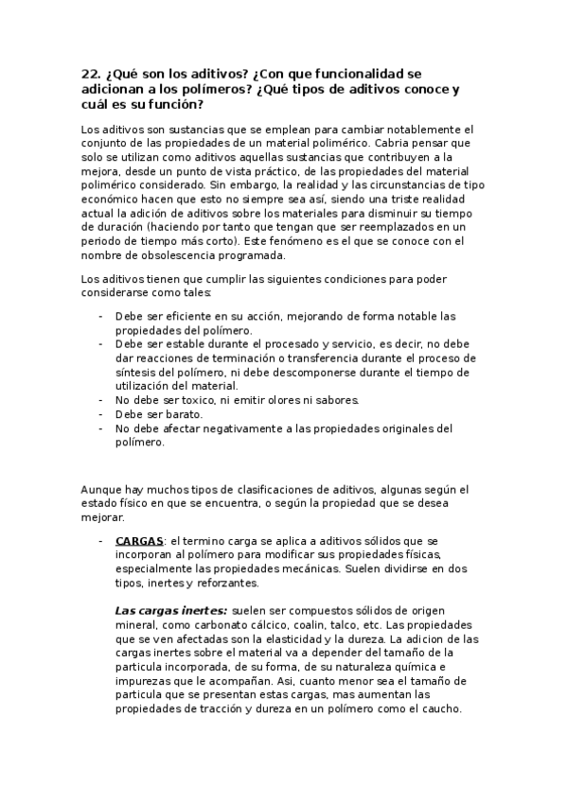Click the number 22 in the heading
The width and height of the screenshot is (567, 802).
(92, 72)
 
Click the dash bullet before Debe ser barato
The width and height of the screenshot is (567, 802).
(101, 414)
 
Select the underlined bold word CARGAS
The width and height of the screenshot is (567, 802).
(139, 539)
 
